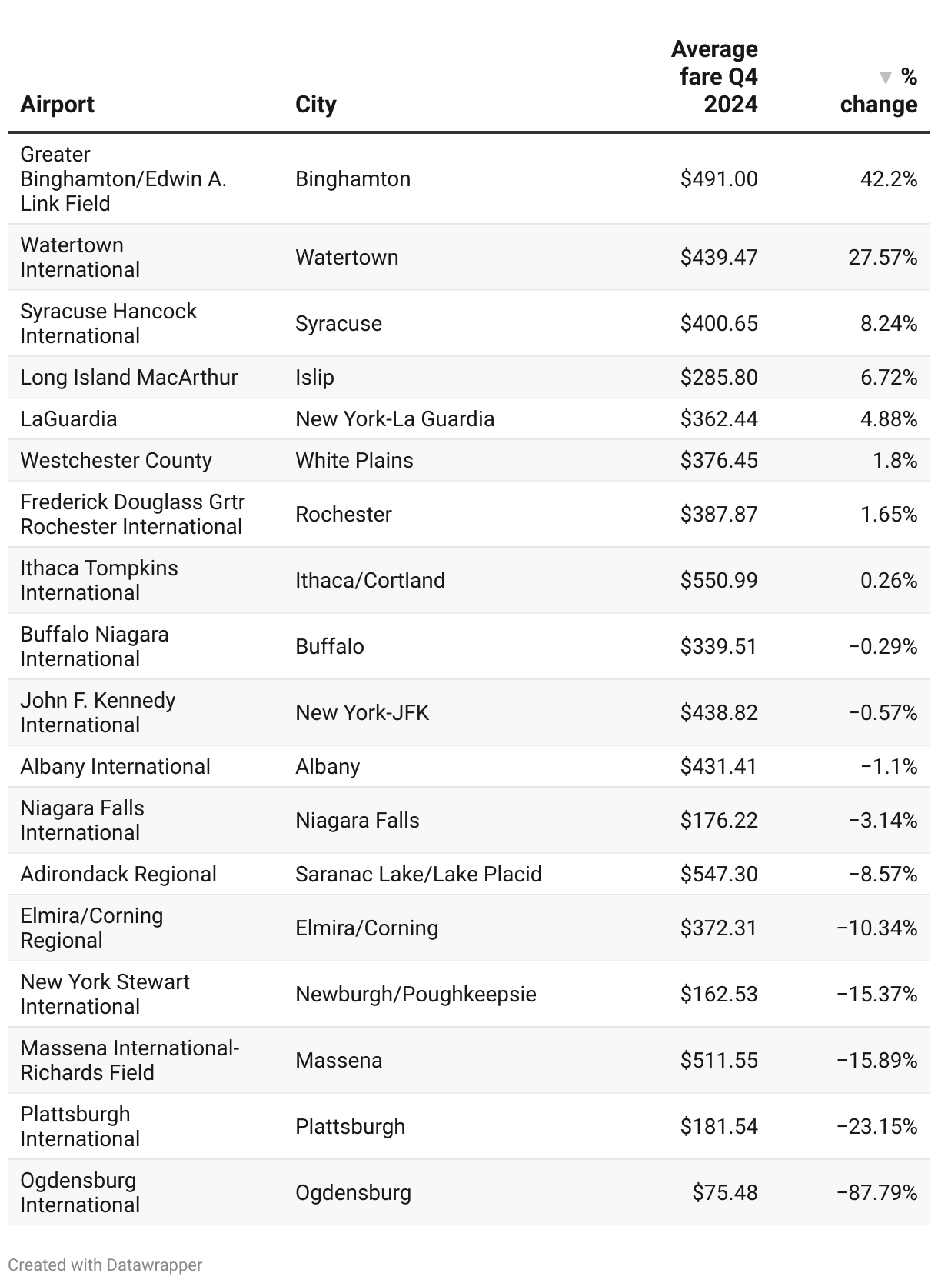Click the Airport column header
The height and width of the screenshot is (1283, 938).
coord(57,105)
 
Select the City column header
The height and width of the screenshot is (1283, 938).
coord(315,105)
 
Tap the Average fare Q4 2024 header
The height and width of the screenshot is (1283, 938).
coord(714,77)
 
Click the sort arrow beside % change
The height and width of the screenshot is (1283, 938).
coord(886,78)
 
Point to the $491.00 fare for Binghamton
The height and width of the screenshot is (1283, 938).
coord(719,179)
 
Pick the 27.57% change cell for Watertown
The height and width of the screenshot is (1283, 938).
coord(883,258)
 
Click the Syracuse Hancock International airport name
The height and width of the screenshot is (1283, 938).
coord(108,323)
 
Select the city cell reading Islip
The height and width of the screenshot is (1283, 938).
coord(314,378)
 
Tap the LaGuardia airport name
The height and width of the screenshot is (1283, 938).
coord(68,419)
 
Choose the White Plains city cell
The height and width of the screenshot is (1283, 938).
coord(354,461)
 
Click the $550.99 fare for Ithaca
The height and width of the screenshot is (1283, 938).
coord(719,581)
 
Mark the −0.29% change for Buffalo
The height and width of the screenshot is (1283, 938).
coord(883,647)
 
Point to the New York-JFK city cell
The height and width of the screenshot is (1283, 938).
coord(362,713)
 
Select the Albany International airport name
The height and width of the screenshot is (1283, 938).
coord(115,767)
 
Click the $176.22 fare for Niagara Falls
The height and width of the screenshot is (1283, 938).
coord(719,821)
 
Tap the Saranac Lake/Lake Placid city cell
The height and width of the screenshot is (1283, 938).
coord(418,875)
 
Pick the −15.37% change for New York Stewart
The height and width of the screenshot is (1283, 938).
coord(876,995)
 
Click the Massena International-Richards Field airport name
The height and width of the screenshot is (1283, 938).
coord(129,1060)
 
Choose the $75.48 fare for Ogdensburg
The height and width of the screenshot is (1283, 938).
coord(725,1193)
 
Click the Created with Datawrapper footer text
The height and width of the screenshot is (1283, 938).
coord(105,1265)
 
